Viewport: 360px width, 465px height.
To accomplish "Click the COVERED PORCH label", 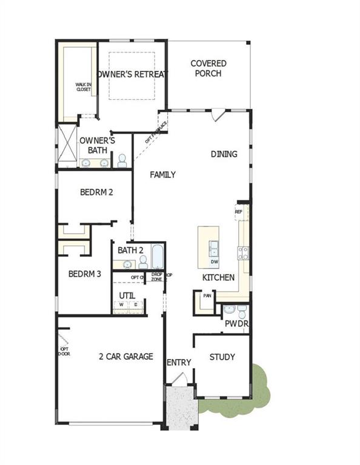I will [208, 68].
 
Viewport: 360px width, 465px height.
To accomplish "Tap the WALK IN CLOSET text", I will [83, 87].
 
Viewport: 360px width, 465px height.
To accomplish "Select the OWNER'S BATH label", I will [94, 145].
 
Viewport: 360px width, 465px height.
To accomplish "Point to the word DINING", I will [224, 154].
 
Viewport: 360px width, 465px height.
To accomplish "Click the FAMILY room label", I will [163, 175].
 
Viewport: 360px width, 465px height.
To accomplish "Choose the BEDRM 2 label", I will [97, 192].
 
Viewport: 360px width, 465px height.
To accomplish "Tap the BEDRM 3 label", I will [84, 274].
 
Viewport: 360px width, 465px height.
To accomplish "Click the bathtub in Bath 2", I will [157, 257].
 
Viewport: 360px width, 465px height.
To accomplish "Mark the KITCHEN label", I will [219, 277].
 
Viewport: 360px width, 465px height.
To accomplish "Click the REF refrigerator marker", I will [239, 212].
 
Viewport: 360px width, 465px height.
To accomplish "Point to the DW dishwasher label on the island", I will [215, 262].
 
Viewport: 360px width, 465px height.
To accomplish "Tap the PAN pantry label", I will [207, 296].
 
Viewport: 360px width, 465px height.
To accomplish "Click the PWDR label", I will [237, 324].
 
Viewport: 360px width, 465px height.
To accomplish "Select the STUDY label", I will [222, 357].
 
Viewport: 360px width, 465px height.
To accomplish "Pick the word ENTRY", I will [179, 362].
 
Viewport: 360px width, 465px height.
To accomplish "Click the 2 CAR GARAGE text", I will [126, 357].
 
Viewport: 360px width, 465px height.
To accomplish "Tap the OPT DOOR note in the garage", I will [64, 351].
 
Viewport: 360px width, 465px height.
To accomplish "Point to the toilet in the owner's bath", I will [122, 160].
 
